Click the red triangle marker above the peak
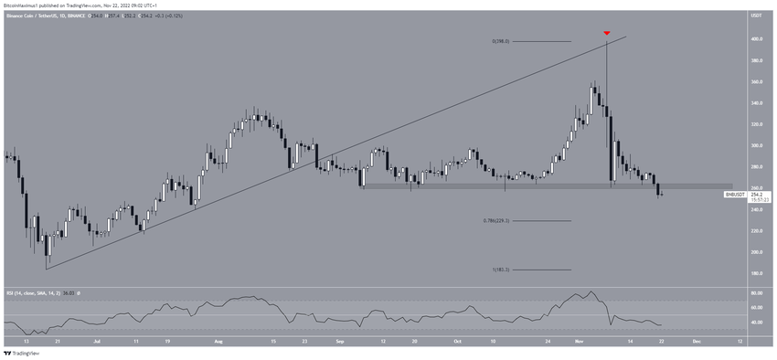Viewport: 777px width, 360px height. [606, 33]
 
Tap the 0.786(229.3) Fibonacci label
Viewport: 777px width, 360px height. [495, 221]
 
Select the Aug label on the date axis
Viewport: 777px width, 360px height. [218, 340]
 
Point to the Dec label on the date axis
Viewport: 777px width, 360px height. [697, 340]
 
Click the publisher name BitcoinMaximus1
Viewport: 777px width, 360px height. [22, 5]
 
